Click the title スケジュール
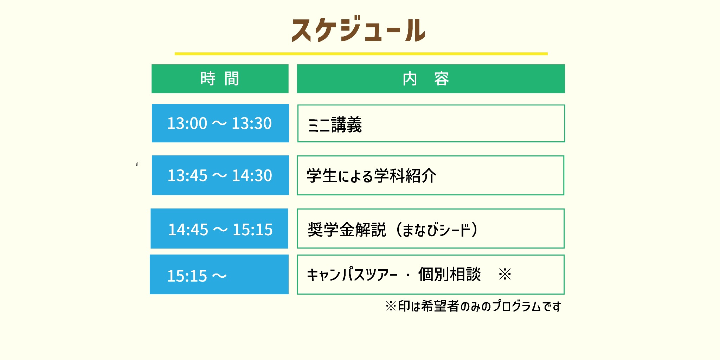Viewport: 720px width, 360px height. click(359, 31)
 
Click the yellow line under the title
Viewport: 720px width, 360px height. click(361, 54)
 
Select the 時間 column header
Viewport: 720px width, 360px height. click(220, 79)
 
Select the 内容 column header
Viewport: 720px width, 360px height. click(431, 79)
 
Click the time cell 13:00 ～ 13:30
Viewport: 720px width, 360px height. click(220, 123)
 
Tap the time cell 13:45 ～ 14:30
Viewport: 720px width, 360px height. click(220, 175)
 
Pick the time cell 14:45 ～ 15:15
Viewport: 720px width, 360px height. click(219, 229)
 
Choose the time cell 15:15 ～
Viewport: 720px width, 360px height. click(219, 275)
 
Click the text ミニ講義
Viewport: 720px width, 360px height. click(335, 125)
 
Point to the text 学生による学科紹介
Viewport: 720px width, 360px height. click(371, 176)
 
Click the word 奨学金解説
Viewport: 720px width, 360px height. click(347, 230)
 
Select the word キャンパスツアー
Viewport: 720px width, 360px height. click(352, 275)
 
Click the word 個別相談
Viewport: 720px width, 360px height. click(449, 274)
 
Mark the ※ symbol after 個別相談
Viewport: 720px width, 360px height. click(505, 274)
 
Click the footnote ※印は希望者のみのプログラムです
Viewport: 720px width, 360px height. click(473, 306)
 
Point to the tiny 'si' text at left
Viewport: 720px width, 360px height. click(137, 164)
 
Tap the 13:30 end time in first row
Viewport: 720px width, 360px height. click(252, 123)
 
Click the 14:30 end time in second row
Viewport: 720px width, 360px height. click(252, 175)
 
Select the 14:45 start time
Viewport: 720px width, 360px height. click(188, 230)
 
